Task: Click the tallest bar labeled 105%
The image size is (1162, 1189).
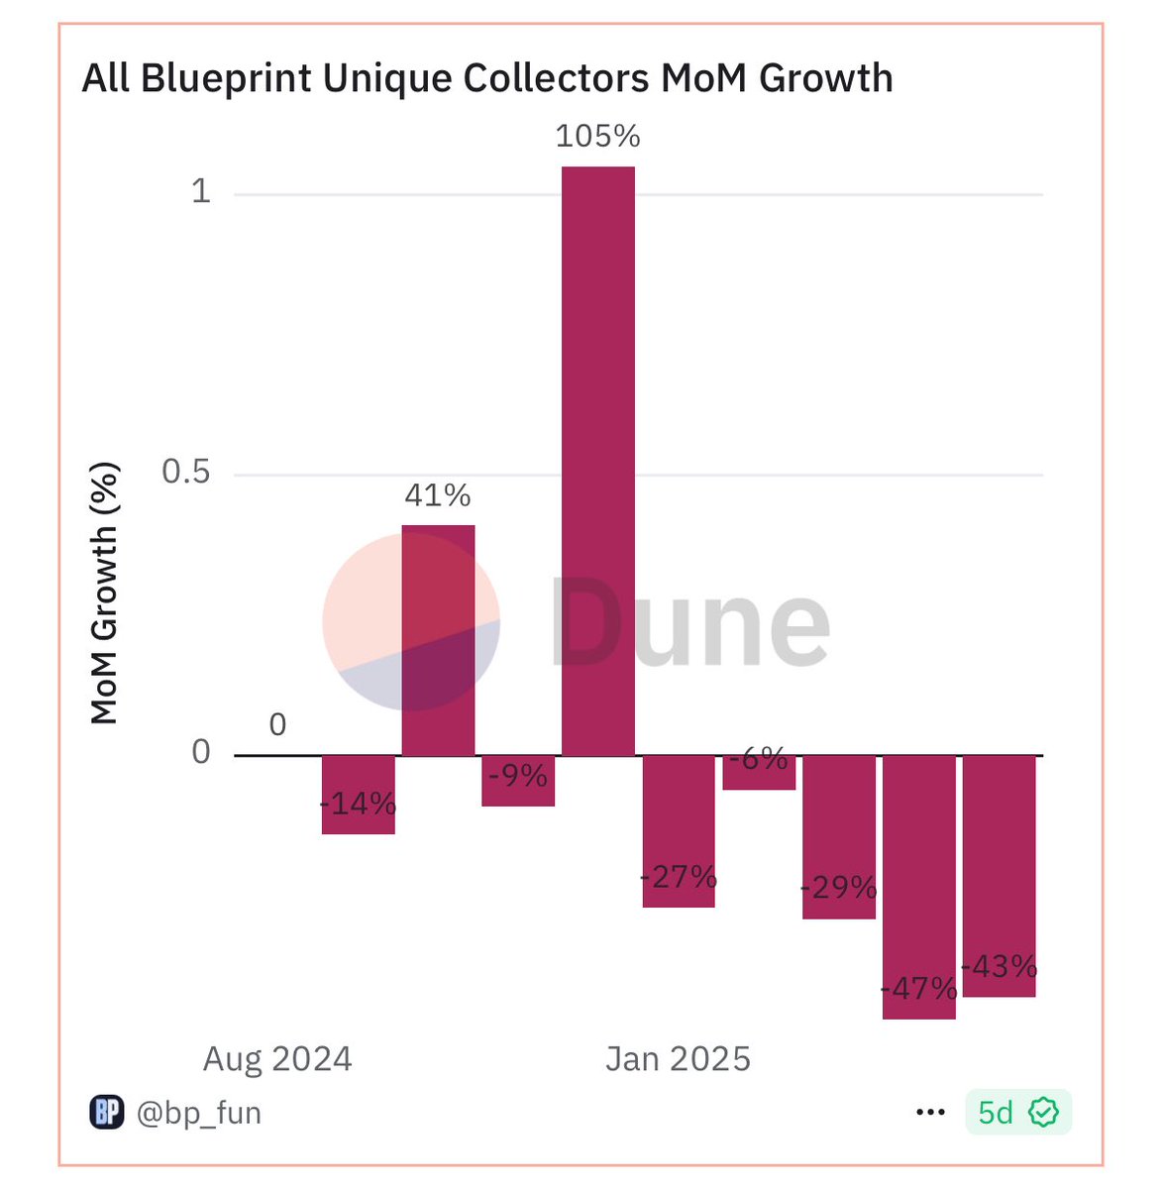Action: point(597,461)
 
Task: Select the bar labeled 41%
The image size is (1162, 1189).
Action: point(438,639)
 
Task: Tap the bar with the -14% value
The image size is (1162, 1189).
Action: point(359,795)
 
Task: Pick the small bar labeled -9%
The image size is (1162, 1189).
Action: point(518,781)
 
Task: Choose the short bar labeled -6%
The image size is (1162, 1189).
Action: point(759,772)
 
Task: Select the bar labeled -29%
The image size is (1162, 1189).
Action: point(839,836)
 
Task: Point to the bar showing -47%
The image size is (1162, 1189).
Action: point(919,887)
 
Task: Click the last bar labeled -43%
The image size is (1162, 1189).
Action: point(1000,876)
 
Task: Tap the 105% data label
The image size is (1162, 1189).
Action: point(597,136)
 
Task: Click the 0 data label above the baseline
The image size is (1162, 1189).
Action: point(277,725)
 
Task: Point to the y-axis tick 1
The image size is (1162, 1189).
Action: point(201,190)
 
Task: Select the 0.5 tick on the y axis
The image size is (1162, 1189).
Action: point(186,472)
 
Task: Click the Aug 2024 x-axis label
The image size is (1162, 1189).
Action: point(277,1059)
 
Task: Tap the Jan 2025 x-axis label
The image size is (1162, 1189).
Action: point(678,1059)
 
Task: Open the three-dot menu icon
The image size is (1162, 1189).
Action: point(930,1113)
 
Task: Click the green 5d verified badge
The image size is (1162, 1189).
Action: point(1017,1113)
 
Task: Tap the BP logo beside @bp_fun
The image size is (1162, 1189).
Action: point(107,1113)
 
